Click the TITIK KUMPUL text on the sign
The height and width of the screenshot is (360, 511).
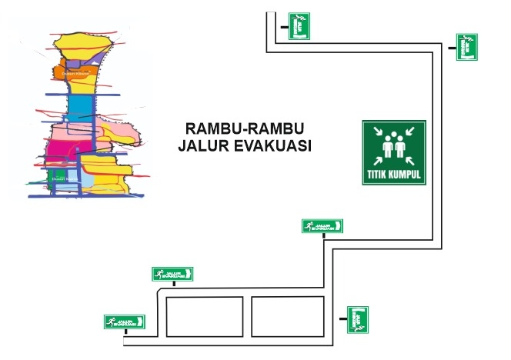394,175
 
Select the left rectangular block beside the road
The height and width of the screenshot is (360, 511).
205,315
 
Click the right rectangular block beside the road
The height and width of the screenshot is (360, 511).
287,315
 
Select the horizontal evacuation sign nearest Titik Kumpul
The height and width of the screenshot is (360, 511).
322,225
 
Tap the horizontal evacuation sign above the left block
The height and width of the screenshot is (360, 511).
173,273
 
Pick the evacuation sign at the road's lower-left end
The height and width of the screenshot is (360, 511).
125,322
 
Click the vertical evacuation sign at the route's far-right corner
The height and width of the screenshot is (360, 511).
466,47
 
